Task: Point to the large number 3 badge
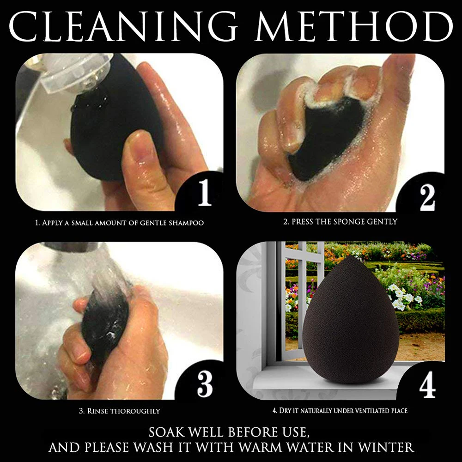(205, 383)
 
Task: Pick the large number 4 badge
(427, 384)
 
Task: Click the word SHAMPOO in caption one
(186, 223)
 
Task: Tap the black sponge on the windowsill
(351, 320)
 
